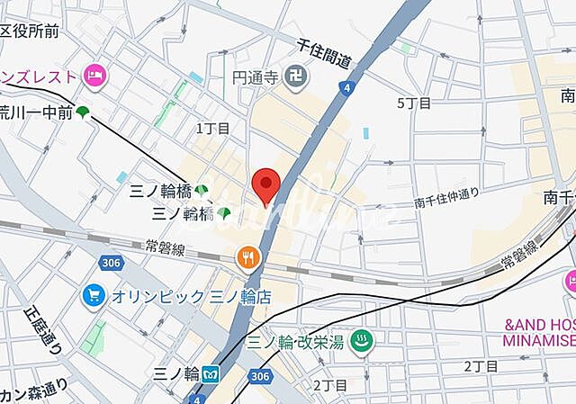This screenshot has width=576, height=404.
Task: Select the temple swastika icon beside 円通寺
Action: click(294, 76)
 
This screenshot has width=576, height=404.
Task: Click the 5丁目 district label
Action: click(415, 103)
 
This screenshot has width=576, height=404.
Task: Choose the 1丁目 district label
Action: click(213, 129)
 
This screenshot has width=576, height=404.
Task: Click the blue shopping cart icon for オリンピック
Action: click(93, 294)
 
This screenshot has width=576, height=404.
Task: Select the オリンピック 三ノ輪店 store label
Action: click(191, 295)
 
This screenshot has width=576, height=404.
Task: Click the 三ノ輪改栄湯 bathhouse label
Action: click(297, 342)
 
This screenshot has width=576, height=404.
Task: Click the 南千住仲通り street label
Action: click(446, 203)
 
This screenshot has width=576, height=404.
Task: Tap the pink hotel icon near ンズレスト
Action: click(94, 75)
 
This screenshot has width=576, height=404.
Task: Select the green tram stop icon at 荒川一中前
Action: click(83, 112)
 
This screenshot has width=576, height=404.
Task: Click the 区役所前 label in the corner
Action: click(30, 32)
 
